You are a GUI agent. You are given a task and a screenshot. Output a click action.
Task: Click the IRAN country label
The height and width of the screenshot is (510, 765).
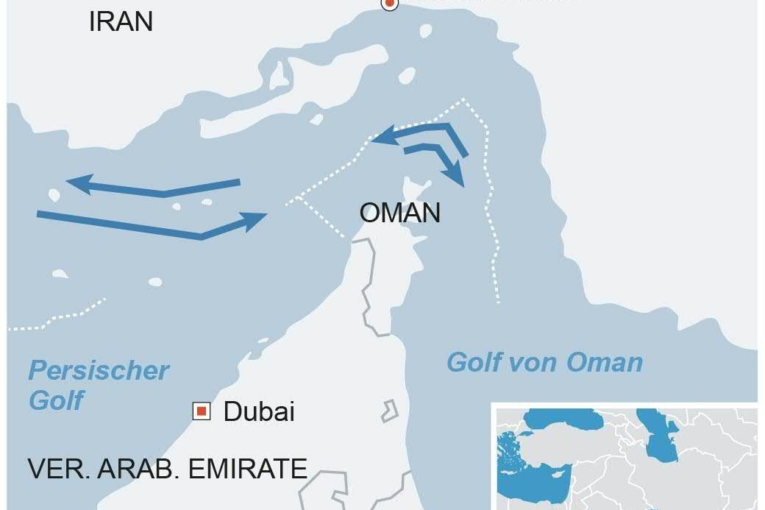point(121,21)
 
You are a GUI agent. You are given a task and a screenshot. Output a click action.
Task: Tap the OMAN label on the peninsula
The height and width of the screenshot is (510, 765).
point(399,213)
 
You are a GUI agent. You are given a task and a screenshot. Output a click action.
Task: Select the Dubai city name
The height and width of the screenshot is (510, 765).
point(259,411)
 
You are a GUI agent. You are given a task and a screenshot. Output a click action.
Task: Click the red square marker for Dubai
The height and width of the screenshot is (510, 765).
point(201,411)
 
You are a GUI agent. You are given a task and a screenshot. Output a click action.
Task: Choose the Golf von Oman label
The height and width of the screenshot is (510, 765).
point(544,362)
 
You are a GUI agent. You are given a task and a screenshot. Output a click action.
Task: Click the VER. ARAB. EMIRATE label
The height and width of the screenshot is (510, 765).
point(167,469)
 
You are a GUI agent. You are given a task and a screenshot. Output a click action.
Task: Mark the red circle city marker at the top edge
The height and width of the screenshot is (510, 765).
point(389,4)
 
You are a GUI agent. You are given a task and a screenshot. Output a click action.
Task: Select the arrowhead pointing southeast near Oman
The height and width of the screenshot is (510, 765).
point(458,177)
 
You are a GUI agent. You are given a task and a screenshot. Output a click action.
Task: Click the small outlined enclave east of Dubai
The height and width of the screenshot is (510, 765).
point(389,411)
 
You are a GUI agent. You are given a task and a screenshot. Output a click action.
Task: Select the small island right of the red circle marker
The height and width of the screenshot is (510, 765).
point(424,31)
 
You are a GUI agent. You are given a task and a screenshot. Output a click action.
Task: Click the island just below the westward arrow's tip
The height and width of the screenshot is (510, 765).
point(53,195)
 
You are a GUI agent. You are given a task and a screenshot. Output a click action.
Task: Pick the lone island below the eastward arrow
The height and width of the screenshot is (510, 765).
point(154,282)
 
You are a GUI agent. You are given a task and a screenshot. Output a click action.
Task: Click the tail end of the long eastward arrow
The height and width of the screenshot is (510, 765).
point(39,214)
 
